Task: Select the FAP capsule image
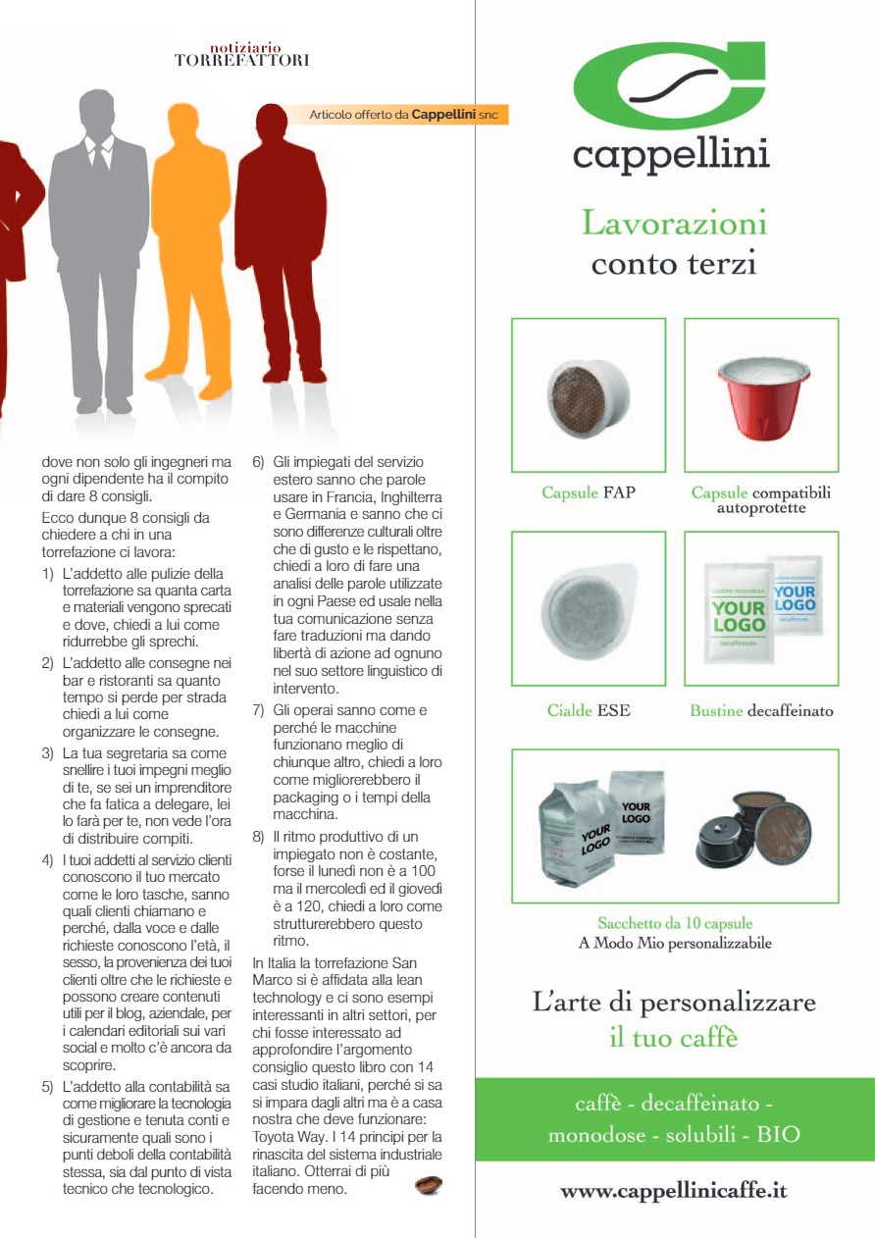[589, 395]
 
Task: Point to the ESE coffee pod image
[588, 608]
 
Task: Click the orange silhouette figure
[187, 245]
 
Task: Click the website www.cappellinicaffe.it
[674, 1192]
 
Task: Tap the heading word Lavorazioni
[674, 224]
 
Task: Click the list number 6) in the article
[259, 462]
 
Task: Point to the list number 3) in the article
[47, 752]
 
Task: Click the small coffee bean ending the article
[429, 1186]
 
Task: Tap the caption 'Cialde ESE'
[588, 710]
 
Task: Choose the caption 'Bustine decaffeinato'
[761, 710]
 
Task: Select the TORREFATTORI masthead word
[241, 61]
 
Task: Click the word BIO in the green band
[778, 1135]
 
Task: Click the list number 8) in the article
[259, 837]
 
